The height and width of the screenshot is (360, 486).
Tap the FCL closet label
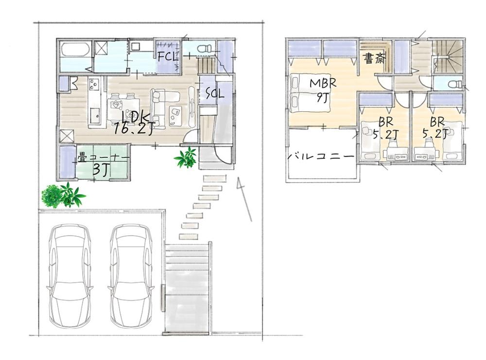tap(168, 56)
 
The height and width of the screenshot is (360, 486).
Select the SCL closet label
tap(214, 93)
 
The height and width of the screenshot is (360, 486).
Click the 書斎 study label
tap(374, 58)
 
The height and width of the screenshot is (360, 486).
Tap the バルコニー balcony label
tap(321, 156)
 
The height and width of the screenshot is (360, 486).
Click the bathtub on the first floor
tap(76, 50)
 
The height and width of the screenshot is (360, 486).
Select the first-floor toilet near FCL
tap(204, 49)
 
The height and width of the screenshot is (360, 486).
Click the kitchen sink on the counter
tap(95, 115)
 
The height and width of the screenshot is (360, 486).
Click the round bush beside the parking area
tap(52, 196)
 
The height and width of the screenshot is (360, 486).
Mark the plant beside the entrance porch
tap(186, 157)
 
